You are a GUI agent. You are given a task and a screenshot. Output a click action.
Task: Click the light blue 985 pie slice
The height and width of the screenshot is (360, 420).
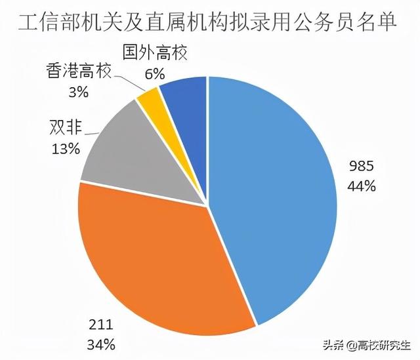point(276,197)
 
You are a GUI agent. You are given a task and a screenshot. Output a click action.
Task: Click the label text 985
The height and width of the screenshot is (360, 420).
point(362,169)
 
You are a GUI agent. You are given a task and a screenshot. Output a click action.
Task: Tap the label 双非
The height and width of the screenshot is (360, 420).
point(65,127)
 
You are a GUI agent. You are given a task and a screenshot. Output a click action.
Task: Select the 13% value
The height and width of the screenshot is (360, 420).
point(65,148)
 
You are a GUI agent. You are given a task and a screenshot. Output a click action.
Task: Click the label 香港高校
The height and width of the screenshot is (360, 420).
point(77,70)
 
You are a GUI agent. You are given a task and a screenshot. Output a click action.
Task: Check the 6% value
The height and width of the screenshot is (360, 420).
point(154,73)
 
